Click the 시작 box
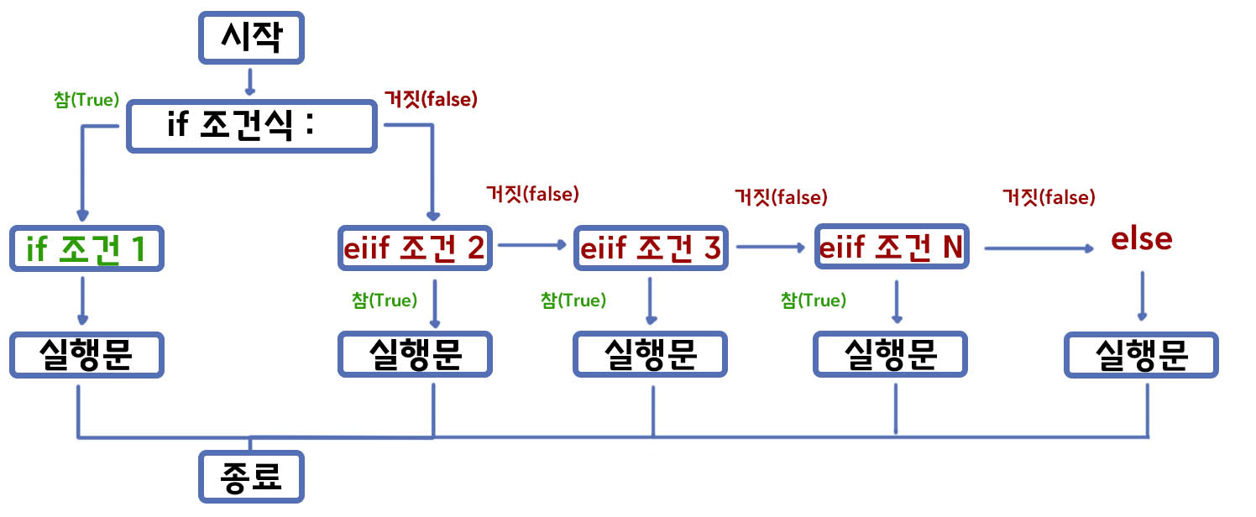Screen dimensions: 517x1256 click(249, 39)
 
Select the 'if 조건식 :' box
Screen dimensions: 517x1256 click(251, 127)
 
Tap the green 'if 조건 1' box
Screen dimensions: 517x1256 click(87, 248)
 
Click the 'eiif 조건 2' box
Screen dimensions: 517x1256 click(415, 248)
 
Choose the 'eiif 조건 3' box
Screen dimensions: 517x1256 click(651, 248)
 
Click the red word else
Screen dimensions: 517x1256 click(1141, 239)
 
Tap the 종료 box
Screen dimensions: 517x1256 click(249, 477)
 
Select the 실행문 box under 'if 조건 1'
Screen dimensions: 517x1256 click(87, 356)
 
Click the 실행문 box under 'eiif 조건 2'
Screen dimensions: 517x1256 click(415, 356)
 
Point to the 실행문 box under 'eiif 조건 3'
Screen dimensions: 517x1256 click(651, 356)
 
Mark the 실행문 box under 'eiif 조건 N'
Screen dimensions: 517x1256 click(890, 356)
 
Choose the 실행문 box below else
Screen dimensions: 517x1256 click(1141, 356)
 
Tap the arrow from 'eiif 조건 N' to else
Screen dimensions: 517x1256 click(1039, 248)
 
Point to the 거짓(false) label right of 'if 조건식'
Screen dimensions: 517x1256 click(430, 99)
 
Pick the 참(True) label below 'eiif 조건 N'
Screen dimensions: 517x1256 click(814, 300)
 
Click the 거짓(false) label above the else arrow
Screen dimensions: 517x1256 click(1049, 197)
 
